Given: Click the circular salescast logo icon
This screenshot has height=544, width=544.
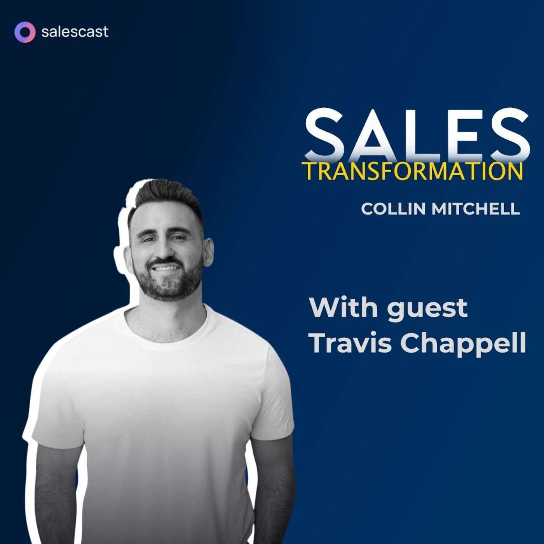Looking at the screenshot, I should tap(24, 31).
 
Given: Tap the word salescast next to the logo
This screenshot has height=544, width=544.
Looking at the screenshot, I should tap(75, 31).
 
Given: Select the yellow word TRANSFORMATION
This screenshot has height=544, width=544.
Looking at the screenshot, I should tap(412, 171).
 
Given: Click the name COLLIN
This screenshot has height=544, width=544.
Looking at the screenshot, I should tap(394, 209).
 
